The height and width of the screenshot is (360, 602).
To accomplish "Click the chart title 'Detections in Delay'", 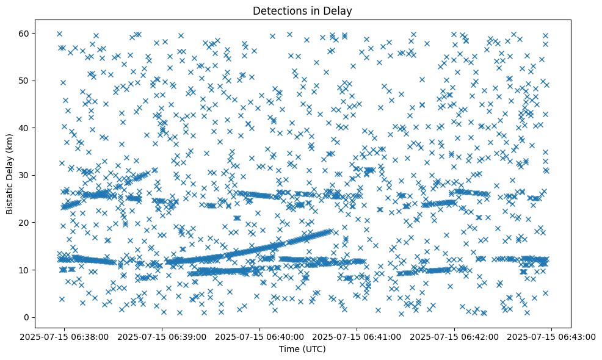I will pyautogui.click(x=303, y=10).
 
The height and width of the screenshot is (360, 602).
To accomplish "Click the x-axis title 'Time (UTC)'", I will pyautogui.click(x=303, y=349).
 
